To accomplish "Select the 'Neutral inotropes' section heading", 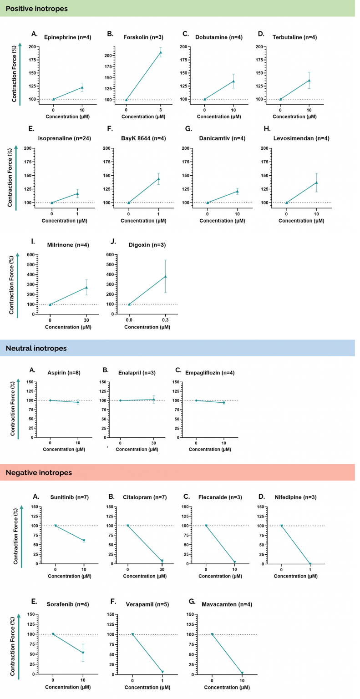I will point(36,349).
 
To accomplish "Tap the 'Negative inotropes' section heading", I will point(39,472).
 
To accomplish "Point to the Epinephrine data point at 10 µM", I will point(82,87).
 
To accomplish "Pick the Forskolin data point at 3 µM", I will point(160,52).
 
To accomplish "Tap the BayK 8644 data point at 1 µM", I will point(158,179).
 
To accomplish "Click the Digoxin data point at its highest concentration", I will point(166,276).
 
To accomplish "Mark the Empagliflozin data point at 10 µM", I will point(224,402).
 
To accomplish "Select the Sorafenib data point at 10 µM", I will point(83,652).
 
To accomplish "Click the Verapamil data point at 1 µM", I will point(162,672).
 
